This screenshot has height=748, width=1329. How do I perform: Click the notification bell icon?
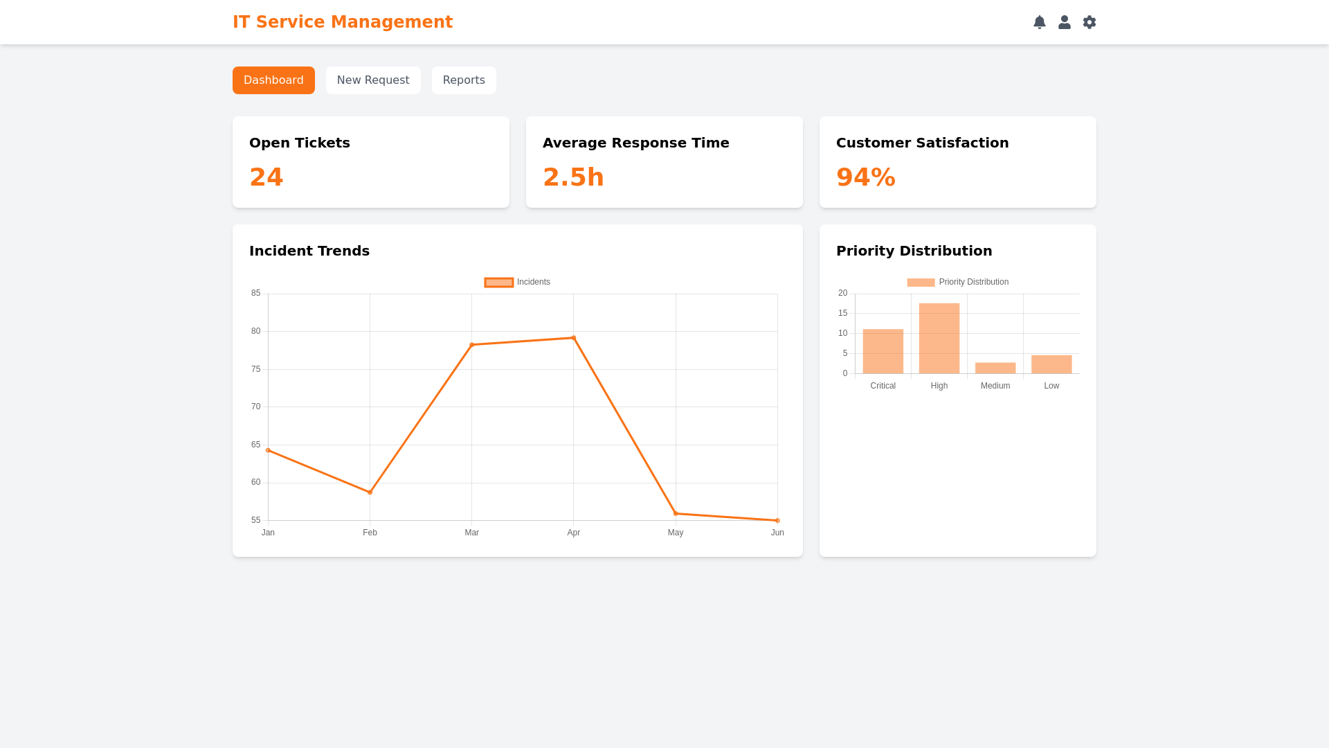1040,22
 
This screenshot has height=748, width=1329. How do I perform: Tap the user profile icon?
1065,22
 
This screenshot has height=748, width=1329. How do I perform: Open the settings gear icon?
1090,22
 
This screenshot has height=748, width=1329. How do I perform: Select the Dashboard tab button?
273,80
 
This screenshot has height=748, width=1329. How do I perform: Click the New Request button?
373,80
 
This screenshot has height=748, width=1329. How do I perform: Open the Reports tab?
464,80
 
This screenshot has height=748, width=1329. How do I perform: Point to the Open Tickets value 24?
266,177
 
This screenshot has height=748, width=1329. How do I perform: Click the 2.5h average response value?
573,177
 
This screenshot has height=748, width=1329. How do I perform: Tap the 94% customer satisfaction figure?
866,177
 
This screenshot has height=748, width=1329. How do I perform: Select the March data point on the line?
472,345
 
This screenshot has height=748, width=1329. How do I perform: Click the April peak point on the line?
574,338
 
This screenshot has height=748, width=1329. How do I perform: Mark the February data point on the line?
370,492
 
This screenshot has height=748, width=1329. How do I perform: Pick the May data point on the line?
676,514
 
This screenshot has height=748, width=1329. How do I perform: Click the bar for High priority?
939,339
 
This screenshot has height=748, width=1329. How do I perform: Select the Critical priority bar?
883,352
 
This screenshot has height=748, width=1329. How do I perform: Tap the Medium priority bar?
995,368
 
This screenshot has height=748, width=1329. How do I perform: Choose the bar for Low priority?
1051,364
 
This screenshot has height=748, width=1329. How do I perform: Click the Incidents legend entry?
517,282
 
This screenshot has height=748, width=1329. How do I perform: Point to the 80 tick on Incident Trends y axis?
256,331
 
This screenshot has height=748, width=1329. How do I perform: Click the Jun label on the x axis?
777,533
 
